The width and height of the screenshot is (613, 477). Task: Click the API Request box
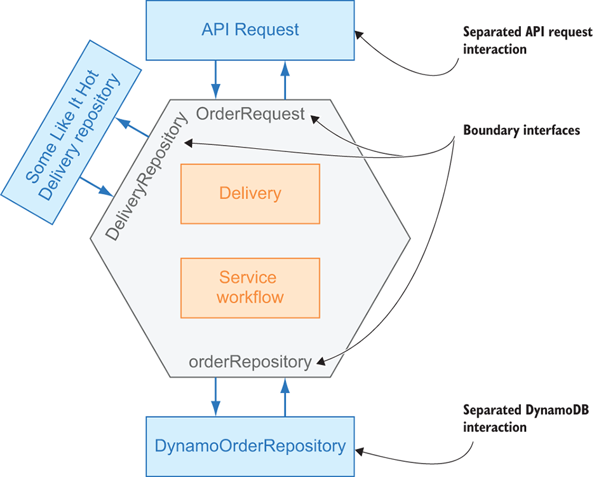(x=250, y=30)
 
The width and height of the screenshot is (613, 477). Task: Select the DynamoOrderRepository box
(x=250, y=446)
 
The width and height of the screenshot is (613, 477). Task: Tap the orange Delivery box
(x=250, y=193)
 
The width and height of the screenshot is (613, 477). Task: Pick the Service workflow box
(x=250, y=287)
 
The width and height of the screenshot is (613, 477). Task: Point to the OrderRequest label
(x=250, y=114)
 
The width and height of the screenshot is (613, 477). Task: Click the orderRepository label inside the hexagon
(x=250, y=362)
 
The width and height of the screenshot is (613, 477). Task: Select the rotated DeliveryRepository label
(x=147, y=177)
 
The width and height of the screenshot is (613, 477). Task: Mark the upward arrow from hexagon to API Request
(x=285, y=79)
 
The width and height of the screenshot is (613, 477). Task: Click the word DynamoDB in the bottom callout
(x=560, y=411)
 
